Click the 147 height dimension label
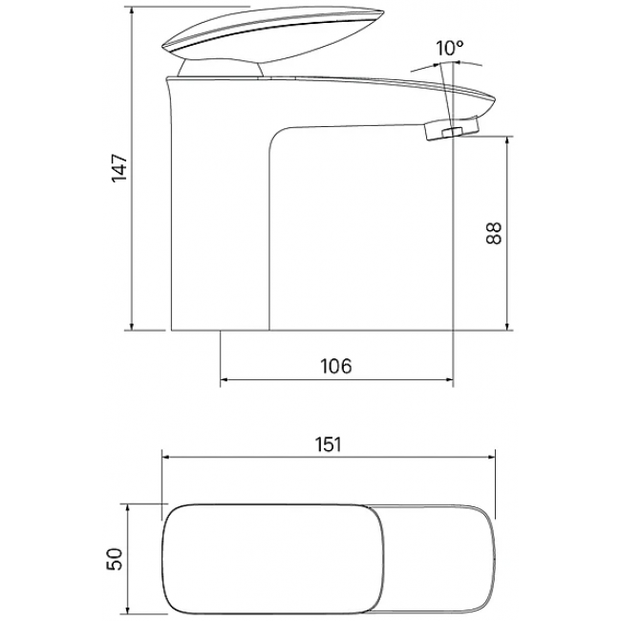pyautogui.click(x=119, y=168)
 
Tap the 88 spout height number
pyautogui.click(x=494, y=233)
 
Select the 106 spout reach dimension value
pyautogui.click(x=336, y=366)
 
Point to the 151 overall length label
pyautogui.click(x=329, y=444)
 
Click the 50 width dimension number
pyautogui.click(x=115, y=559)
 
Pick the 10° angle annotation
pyautogui.click(x=450, y=49)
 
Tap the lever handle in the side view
pyautogui.click(x=273, y=35)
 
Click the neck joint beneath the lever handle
pyautogui.click(x=220, y=68)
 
